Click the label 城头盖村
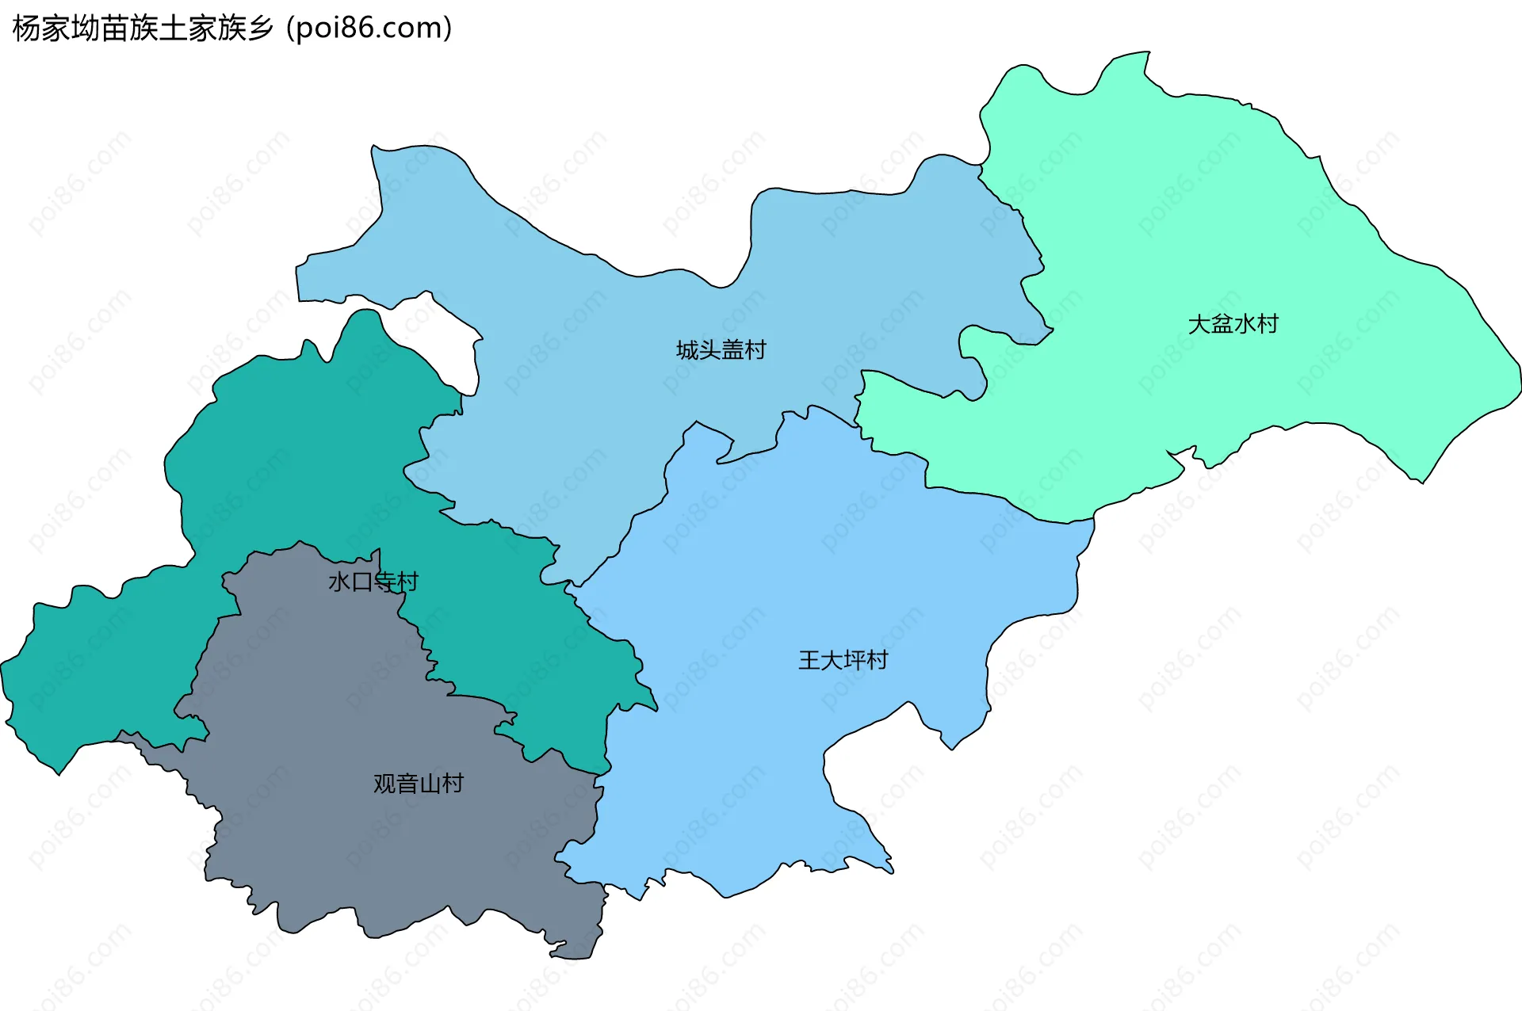tap(721, 349)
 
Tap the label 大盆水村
tap(1233, 323)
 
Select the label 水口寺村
tap(373, 582)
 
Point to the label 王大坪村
tap(843, 659)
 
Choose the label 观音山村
tap(418, 783)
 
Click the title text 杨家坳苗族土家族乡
tap(143, 28)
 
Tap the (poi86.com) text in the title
tap(369, 28)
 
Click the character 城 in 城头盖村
tap(687, 349)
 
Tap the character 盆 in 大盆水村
tap(1222, 323)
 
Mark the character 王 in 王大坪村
tap(809, 659)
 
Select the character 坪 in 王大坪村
tap(855, 659)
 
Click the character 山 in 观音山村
tap(430, 783)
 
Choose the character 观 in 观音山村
tap(384, 783)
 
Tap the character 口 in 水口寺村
tap(361, 582)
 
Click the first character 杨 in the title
tap(27, 28)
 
